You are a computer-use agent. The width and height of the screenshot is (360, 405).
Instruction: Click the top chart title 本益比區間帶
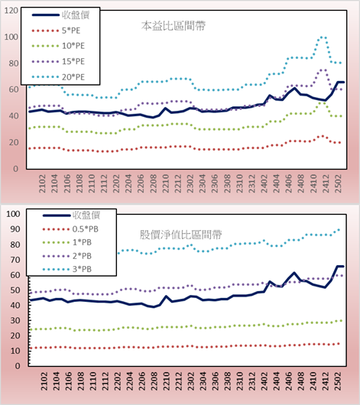174,26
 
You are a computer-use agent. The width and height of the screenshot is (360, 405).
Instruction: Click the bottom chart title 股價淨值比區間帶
180,235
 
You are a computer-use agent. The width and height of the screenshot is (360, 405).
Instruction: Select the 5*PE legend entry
56,31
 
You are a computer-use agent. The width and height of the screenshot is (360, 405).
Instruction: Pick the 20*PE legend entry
58,77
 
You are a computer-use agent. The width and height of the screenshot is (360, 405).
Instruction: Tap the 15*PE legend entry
58,61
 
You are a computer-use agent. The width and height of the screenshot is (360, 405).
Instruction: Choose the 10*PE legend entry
58,46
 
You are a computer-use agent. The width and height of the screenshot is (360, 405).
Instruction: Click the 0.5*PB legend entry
70,229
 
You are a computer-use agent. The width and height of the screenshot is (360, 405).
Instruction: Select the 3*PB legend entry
67,269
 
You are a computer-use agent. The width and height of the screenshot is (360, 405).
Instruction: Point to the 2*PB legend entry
67,256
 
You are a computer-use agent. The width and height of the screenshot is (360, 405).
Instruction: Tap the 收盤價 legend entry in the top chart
60,15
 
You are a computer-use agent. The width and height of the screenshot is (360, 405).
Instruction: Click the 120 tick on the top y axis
11,11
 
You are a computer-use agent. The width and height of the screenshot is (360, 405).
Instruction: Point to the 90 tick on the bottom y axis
15,229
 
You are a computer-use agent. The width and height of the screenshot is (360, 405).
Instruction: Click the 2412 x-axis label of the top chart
326,183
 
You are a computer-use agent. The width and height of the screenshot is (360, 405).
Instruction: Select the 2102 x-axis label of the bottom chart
44,381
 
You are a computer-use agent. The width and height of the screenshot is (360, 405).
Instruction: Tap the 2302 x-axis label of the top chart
190,183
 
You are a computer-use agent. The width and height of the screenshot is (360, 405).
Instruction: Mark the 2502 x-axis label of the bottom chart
338,381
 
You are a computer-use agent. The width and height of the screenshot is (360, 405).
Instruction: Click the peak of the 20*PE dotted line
322,37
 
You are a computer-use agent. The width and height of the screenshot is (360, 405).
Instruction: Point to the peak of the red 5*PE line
323,136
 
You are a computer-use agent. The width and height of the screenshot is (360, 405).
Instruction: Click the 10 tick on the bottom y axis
15,351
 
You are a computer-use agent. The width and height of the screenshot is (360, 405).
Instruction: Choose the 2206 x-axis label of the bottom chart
142,381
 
